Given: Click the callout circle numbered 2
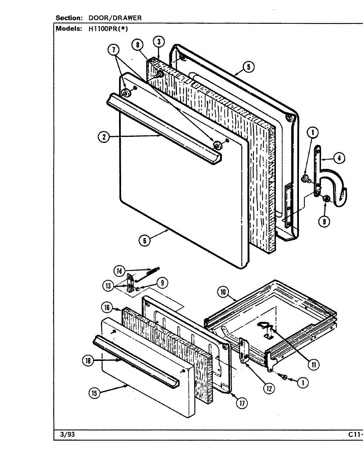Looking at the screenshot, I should point(103,137).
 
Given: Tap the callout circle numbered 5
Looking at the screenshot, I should point(248,67).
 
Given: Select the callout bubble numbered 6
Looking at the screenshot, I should point(145,240).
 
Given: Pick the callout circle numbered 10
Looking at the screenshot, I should point(223,293).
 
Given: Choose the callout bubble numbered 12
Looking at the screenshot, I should point(269,389).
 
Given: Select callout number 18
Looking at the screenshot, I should point(88,361).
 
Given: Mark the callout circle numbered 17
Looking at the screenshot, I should point(241,403).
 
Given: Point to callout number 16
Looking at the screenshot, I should point(106,307).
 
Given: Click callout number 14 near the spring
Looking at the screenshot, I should point(120,271).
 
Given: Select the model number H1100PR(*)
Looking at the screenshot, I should point(106,29).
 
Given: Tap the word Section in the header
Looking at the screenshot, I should point(69,18).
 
